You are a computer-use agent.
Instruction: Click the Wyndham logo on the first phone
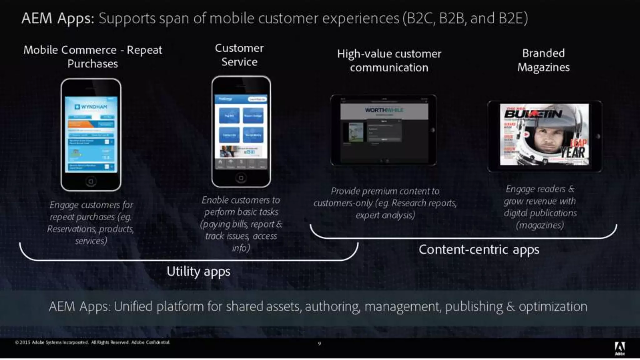coord(91,107)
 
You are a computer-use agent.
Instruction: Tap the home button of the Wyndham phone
coord(91,181)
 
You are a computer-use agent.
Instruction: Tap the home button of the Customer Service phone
coord(241,178)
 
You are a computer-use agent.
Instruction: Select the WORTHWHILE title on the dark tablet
coord(384,110)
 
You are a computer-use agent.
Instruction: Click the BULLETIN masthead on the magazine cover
coord(533,114)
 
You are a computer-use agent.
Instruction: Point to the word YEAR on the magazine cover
coord(572,153)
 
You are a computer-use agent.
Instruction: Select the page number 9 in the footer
coord(319,344)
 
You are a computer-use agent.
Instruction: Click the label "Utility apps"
coord(198,272)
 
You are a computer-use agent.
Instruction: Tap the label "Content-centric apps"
coord(479,250)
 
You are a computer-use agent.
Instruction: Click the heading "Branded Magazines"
coord(543,60)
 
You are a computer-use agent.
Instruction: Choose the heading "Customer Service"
coord(239,55)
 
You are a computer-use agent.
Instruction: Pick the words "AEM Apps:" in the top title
coord(58,18)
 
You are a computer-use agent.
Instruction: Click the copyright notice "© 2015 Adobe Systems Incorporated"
coord(52,342)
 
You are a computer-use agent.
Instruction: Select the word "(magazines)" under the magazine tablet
coord(540,225)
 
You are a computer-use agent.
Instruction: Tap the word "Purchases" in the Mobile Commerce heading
coord(92,64)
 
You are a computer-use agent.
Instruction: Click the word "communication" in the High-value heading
coord(389,67)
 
